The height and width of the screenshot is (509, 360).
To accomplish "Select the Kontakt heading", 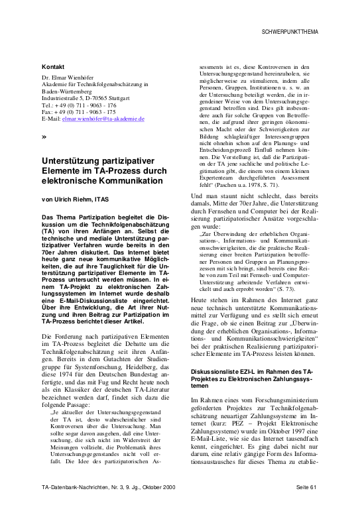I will point(53,68).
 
